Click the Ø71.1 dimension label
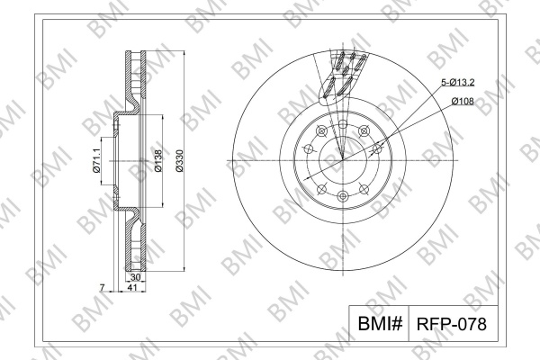(x=96, y=160)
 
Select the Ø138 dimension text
(x=157, y=160)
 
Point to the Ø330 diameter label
(x=180, y=160)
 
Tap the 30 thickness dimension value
(x=135, y=277)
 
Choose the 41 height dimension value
(x=132, y=287)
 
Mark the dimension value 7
(x=102, y=287)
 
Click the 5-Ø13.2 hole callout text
(x=458, y=82)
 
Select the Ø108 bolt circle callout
(x=463, y=102)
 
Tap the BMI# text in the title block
(x=380, y=323)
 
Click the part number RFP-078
(x=452, y=324)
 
